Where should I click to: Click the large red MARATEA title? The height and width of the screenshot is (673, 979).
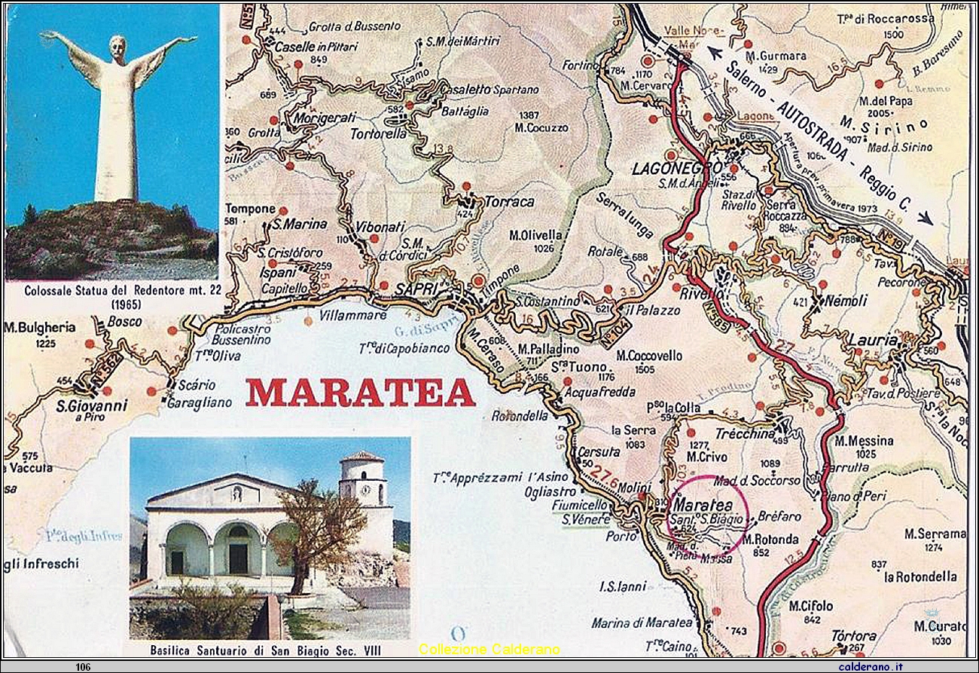pyautogui.click(x=360, y=393)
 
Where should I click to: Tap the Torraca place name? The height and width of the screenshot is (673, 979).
pyautogui.click(x=509, y=202)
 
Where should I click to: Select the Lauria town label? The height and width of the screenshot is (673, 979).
pyautogui.click(x=874, y=341)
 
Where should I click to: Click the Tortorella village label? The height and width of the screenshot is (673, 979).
pyautogui.click(x=379, y=134)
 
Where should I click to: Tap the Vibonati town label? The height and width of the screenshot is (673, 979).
pyautogui.click(x=380, y=226)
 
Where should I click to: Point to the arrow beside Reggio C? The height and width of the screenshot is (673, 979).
pyautogui.click(x=924, y=217)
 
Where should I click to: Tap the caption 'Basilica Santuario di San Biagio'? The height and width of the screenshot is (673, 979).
pyautogui.click(x=268, y=650)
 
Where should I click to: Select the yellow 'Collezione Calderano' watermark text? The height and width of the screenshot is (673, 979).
pyautogui.click(x=489, y=649)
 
